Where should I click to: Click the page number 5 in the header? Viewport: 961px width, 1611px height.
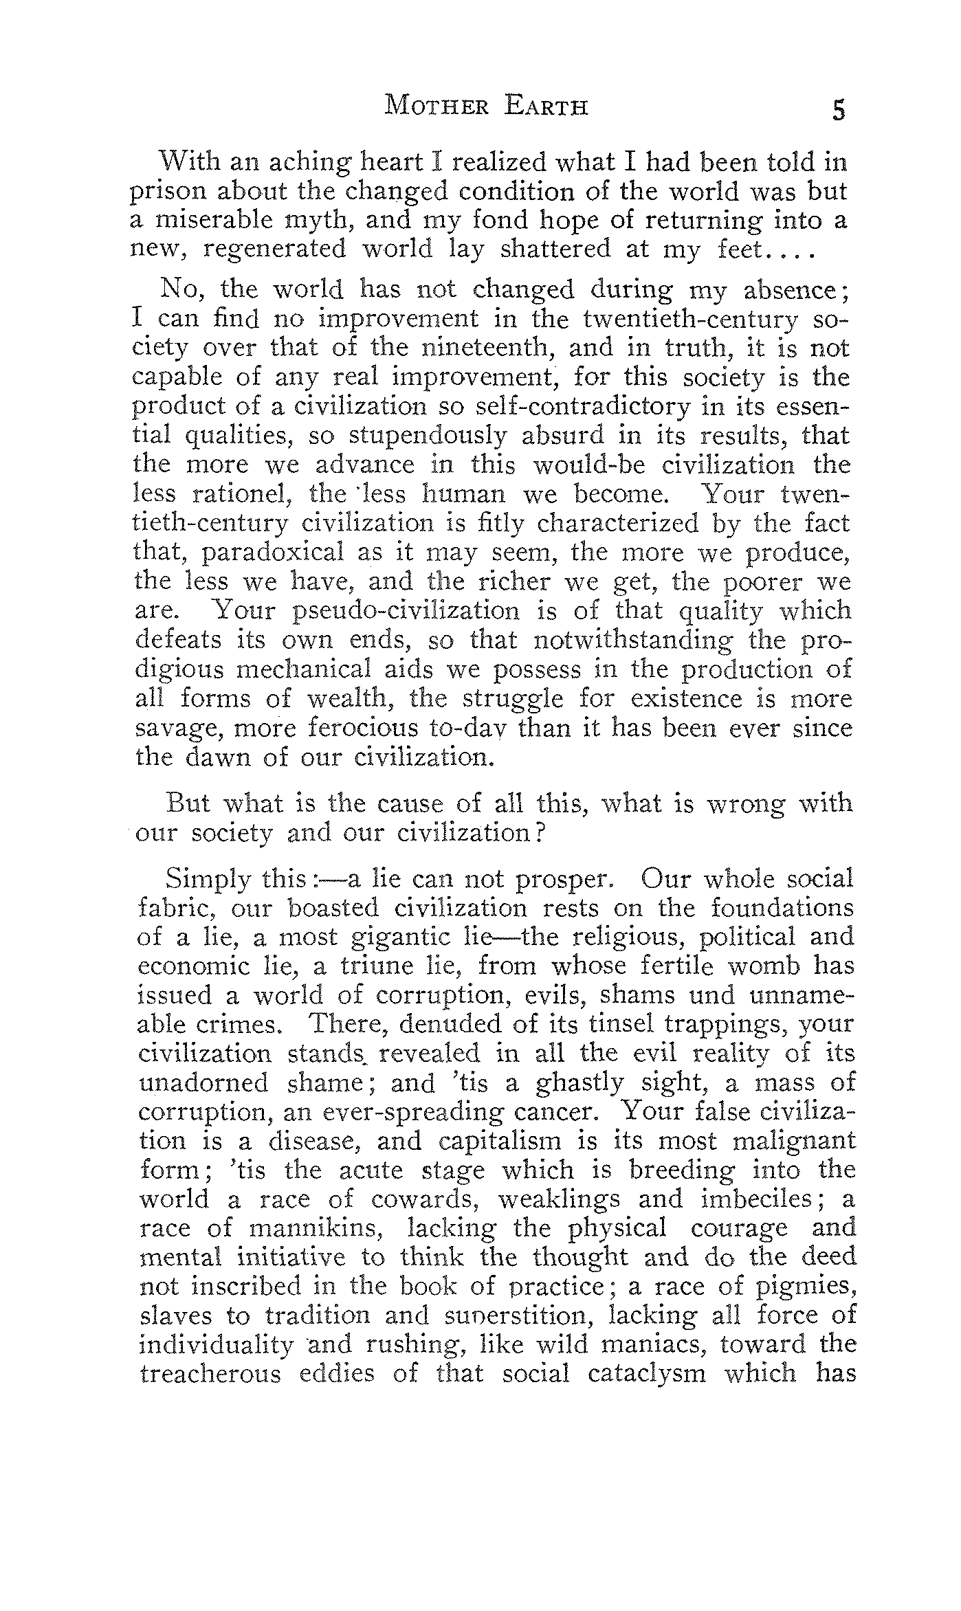tap(838, 110)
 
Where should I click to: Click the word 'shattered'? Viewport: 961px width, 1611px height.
tap(555, 249)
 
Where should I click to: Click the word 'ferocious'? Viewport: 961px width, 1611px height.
tap(354, 728)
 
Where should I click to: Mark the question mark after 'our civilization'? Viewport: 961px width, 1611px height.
tap(540, 834)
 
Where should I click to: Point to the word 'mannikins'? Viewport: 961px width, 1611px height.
tap(312, 1228)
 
